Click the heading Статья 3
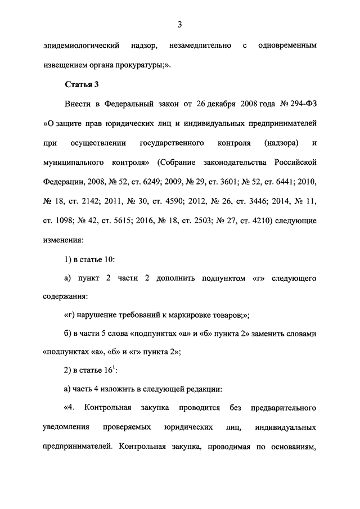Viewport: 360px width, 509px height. click(82, 84)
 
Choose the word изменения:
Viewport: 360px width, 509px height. click(62, 240)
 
